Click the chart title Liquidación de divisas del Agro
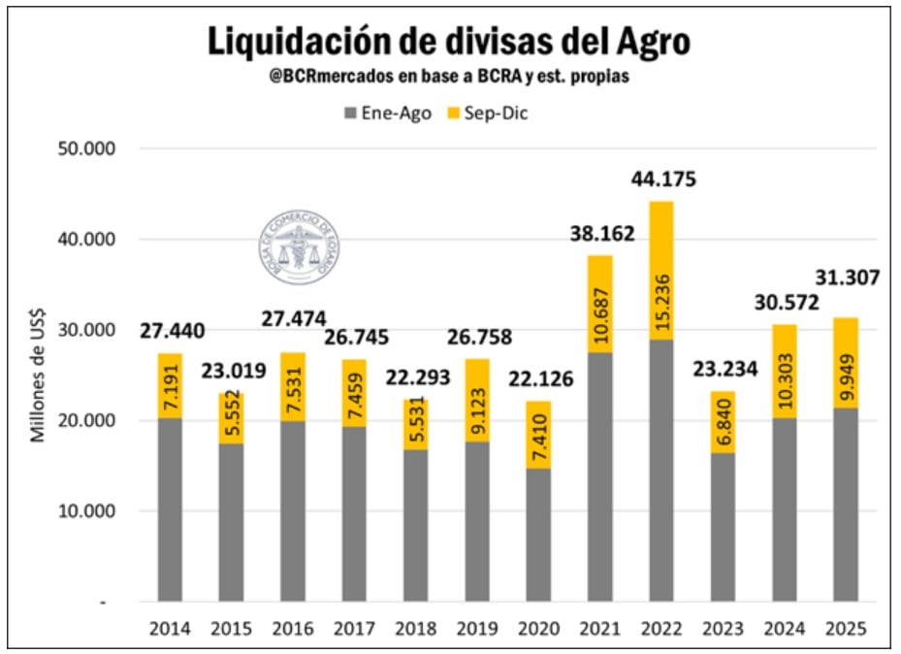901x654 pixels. coord(449,42)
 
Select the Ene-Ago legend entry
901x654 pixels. coord(387,114)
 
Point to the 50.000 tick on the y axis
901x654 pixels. coord(88,148)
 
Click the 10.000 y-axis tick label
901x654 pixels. coord(88,511)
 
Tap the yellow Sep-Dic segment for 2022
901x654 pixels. coord(660,271)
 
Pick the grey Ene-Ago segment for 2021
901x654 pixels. coord(601,476)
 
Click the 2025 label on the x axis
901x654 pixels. coord(846,629)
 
